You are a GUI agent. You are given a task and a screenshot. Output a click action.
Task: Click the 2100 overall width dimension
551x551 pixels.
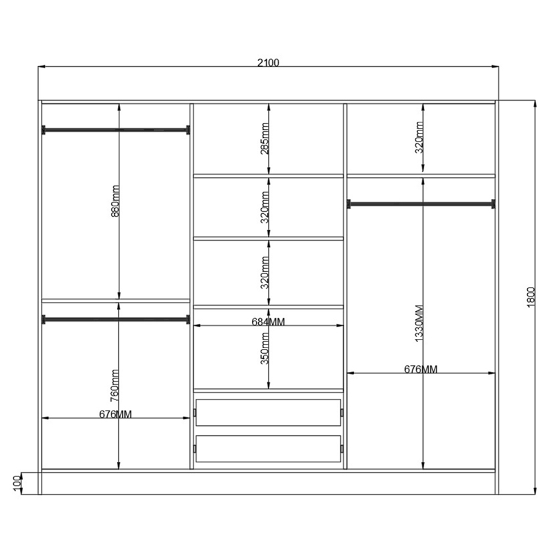[268, 63]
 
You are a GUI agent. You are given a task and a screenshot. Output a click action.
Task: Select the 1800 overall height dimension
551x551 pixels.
[531, 298]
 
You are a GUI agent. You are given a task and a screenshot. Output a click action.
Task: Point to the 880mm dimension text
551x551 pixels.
[115, 201]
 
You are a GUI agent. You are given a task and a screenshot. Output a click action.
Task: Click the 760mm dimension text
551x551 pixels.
[115, 386]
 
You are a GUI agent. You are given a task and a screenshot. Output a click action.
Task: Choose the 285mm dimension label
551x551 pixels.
[265, 138]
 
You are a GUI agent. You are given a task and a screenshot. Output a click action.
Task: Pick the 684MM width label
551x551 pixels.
[268, 322]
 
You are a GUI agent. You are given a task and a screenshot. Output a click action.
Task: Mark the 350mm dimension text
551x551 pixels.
[265, 349]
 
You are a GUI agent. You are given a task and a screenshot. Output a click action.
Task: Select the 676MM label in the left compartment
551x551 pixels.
[115, 414]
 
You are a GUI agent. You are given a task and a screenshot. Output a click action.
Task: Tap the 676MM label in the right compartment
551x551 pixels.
[420, 369]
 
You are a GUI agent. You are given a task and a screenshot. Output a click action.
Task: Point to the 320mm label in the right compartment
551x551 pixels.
[419, 137]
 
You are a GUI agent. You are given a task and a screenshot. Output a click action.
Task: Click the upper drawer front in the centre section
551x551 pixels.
[268, 413]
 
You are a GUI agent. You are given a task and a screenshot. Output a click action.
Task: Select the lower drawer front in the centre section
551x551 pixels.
[268, 449]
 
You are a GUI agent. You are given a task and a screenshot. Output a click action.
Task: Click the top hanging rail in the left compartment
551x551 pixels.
[116, 130]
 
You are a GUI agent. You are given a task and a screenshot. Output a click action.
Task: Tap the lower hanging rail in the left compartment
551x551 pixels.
[116, 320]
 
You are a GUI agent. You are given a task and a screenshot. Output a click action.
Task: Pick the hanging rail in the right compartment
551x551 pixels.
[421, 204]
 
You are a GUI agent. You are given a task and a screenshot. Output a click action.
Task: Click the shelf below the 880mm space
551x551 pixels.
[116, 301]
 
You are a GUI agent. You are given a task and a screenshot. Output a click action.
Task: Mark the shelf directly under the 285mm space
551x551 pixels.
[268, 176]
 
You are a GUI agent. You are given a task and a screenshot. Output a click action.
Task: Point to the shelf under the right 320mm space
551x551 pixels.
[421, 176]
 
